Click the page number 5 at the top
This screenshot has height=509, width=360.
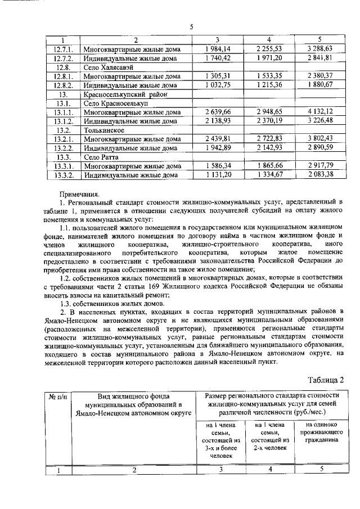pos(191,26)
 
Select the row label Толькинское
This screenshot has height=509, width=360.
pos(102,129)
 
